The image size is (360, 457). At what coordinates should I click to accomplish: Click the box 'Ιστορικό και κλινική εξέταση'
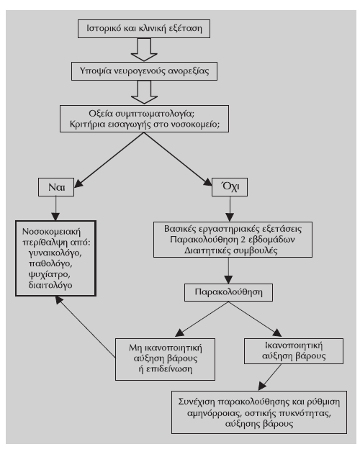tap(144, 29)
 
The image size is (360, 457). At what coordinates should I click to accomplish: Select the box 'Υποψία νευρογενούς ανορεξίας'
tap(144, 71)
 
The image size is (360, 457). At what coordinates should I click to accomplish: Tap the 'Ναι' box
tap(56, 187)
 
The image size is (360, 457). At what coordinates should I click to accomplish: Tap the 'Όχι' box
tap(230, 187)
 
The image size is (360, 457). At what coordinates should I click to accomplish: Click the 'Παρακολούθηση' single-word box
tap(228, 292)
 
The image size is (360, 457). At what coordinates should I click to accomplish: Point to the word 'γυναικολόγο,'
tap(55, 253)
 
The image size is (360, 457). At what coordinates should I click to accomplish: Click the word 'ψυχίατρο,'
tap(49, 274)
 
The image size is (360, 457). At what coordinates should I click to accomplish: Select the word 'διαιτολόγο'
tap(50, 285)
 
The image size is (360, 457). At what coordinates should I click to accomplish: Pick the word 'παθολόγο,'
tap(50, 263)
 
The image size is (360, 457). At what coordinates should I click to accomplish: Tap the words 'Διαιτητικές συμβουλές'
tap(231, 250)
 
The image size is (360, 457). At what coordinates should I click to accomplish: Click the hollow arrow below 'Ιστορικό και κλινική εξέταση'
tap(144, 50)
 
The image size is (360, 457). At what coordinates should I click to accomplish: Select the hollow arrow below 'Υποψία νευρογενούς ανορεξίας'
tap(144, 92)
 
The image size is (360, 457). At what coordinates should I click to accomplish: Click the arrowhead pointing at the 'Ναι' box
tap(78, 183)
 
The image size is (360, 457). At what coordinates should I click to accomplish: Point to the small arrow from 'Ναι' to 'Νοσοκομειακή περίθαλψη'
tap(55, 209)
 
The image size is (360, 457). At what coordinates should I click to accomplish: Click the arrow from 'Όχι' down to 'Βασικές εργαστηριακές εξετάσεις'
tap(230, 209)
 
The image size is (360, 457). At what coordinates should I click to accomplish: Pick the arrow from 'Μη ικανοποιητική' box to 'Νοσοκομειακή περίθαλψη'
tap(86, 327)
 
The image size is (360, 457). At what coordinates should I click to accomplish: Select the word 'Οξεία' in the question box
tap(101, 114)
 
